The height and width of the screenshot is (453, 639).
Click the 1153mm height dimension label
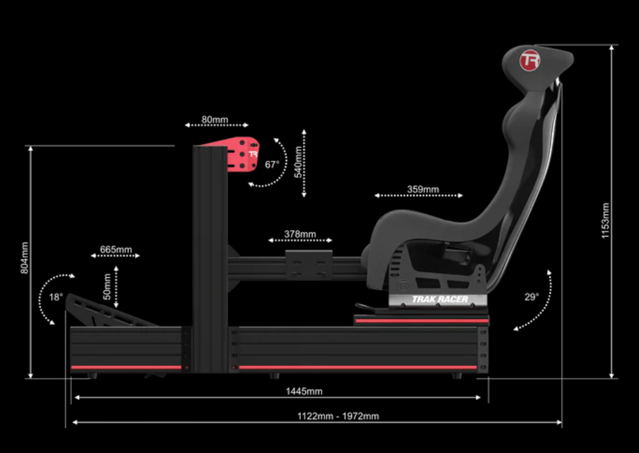coord(605,220)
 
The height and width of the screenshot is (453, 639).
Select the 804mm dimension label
coord(25,257)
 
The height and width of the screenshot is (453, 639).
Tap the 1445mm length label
coord(304,392)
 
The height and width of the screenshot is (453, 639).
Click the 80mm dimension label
coord(215,120)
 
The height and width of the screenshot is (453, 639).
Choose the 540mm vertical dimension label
coord(298,161)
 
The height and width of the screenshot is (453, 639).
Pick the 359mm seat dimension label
coord(423,190)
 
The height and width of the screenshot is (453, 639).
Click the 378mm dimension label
coord(300,234)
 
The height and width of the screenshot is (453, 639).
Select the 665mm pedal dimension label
coord(116,250)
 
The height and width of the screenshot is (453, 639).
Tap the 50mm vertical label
coord(107,287)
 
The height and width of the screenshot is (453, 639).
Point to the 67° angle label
coord(272,165)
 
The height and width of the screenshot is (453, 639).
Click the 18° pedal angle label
coord(55,297)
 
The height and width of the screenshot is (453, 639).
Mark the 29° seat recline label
coord(532,297)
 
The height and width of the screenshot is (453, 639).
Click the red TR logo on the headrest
coord(529,61)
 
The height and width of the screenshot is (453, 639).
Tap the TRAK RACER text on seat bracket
coord(439,299)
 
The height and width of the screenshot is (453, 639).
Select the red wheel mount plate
coord(243,154)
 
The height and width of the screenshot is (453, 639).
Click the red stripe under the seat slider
coord(421,321)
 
